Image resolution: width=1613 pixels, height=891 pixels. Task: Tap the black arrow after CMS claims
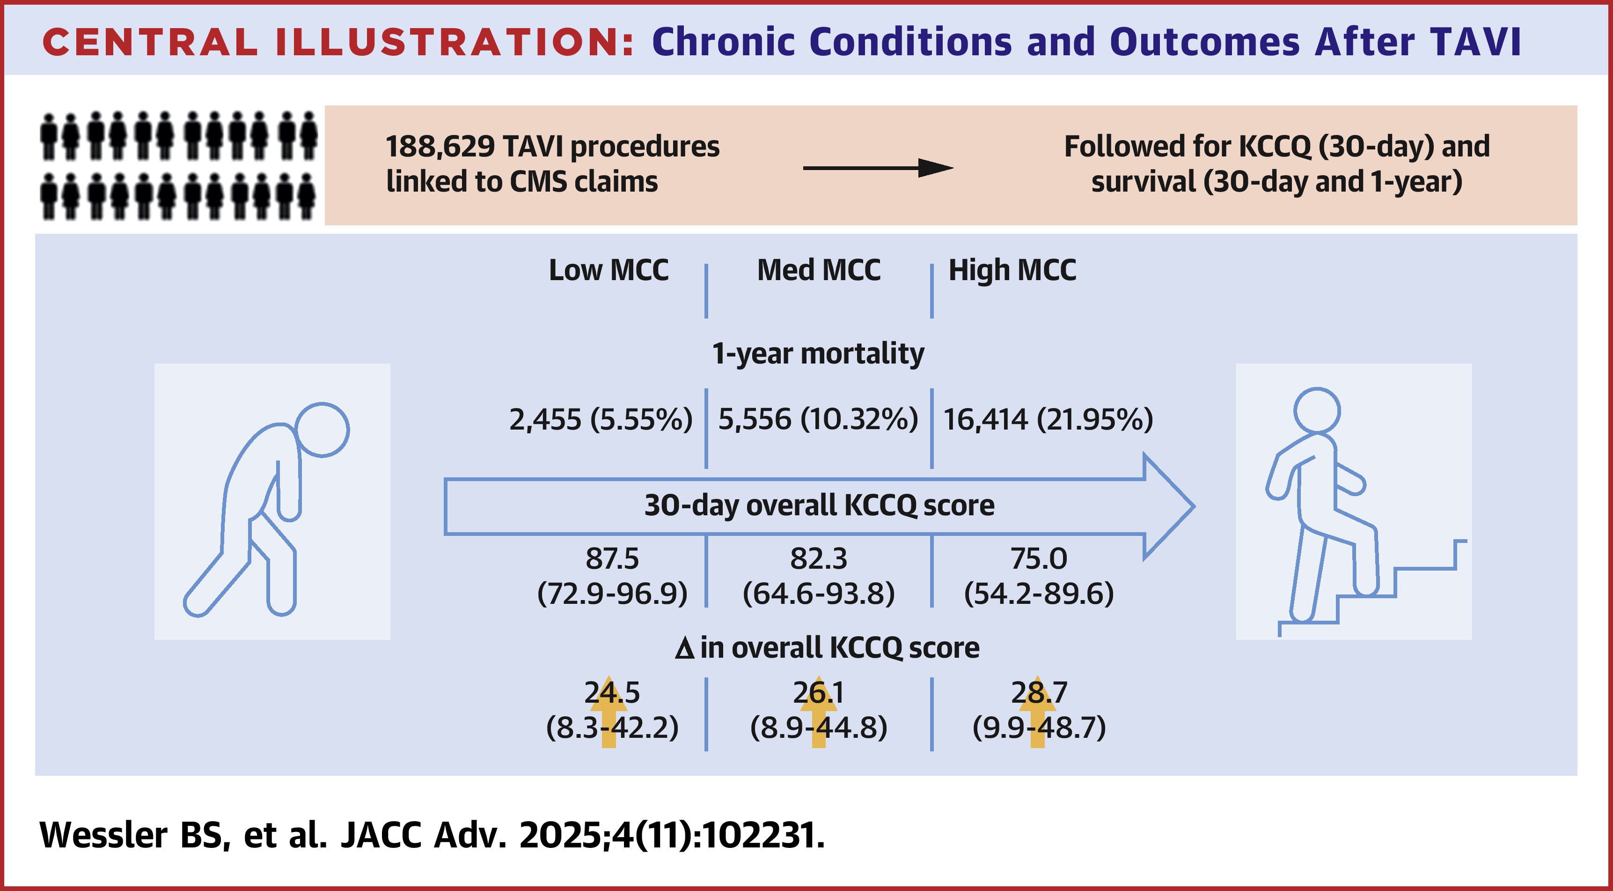878,168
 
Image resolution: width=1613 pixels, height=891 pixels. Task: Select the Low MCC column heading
609,270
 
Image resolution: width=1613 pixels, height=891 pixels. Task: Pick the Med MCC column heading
819,270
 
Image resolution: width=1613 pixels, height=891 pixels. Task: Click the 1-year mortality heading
818,354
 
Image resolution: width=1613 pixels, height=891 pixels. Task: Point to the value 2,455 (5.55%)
601,419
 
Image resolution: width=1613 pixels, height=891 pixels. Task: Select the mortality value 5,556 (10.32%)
818,419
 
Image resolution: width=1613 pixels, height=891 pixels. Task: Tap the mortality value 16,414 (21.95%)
1048,419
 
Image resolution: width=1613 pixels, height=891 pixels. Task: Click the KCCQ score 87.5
612,558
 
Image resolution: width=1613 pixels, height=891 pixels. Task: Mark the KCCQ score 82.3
818,558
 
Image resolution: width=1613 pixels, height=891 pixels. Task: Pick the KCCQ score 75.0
1039,558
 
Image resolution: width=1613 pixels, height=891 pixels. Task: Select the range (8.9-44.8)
818,728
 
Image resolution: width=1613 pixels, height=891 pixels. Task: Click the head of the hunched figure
322,429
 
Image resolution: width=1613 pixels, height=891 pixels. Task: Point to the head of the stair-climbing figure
1318,411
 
